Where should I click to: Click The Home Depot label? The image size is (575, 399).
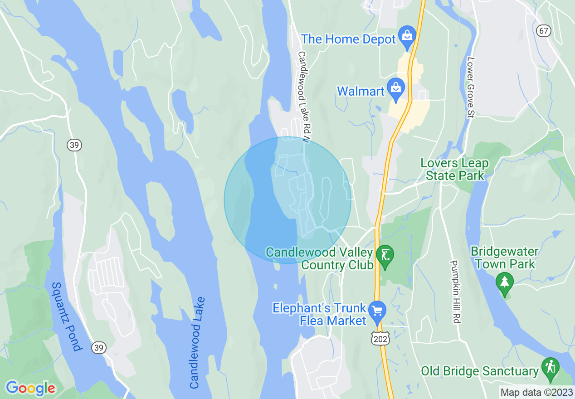pyautogui.click(x=348, y=39)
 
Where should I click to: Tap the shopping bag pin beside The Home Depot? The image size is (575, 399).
pyautogui.click(x=407, y=35)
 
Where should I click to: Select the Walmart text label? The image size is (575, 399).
pyautogui.click(x=361, y=91)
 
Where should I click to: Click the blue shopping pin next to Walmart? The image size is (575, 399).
pyautogui.click(x=396, y=88)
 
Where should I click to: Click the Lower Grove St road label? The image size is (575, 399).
pyautogui.click(x=470, y=87)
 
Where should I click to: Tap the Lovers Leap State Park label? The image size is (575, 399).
pyautogui.click(x=454, y=169)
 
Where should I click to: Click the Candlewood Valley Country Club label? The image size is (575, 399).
pyautogui.click(x=319, y=258)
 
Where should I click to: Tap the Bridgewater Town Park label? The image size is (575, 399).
pyautogui.click(x=504, y=258)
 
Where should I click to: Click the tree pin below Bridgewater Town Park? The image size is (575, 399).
pyautogui.click(x=504, y=282)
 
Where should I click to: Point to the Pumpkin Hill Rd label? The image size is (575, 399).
pyautogui.click(x=455, y=292)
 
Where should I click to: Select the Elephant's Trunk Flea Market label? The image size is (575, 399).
pyautogui.click(x=319, y=314)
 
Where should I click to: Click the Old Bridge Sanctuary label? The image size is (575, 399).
pyautogui.click(x=480, y=371)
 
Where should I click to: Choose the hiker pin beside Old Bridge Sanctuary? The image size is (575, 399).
pyautogui.click(x=551, y=367)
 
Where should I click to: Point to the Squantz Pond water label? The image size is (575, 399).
pyautogui.click(x=67, y=316)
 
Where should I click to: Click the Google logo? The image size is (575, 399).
pyautogui.click(x=30, y=388)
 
